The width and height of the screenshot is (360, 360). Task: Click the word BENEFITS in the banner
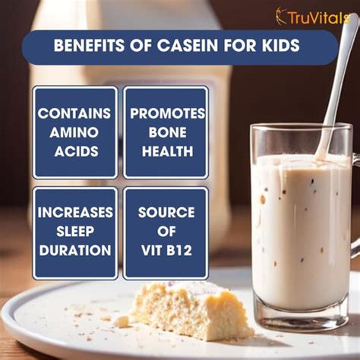click(89, 46)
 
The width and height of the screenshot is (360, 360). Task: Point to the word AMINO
click(74, 132)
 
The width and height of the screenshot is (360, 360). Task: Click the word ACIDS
click(76, 151)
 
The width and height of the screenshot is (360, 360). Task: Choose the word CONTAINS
click(74, 113)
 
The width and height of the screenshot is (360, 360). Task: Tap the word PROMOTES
click(167, 113)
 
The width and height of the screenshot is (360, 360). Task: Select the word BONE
click(167, 132)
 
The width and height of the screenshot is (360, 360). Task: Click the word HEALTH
click(167, 151)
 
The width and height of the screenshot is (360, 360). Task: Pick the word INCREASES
click(75, 212)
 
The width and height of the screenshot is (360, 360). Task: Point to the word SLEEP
click(75, 231)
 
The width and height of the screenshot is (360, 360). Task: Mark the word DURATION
click(75, 250)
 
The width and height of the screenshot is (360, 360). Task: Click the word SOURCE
click(166, 212)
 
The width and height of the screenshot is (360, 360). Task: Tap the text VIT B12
click(166, 250)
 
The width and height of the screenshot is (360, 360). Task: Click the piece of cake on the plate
click(192, 311)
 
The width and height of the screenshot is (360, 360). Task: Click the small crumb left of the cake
click(122, 321)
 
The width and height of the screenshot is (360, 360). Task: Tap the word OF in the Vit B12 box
click(166, 231)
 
